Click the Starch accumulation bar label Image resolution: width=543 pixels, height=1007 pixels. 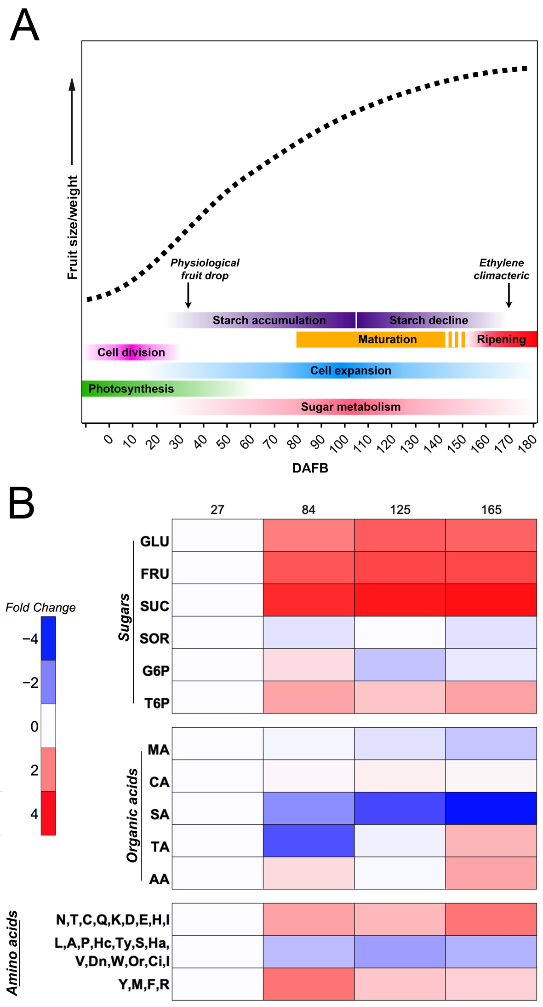point(269,320)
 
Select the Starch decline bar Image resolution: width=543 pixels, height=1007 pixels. point(429,320)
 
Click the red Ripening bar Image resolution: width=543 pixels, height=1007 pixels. point(501,340)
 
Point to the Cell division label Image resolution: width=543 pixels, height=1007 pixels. point(131,352)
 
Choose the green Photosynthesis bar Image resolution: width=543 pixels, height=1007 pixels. point(131,389)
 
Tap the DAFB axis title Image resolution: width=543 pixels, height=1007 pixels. point(310,468)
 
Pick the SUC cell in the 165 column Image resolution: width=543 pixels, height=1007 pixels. point(491,600)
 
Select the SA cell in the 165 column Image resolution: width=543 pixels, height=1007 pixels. point(491,808)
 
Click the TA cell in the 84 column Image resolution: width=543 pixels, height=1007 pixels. point(309,840)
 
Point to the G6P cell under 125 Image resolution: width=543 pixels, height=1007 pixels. point(400,665)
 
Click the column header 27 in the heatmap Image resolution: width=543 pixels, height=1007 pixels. point(217,510)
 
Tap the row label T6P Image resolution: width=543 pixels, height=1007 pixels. point(157,703)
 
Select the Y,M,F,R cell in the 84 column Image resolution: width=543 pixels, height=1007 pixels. point(309,984)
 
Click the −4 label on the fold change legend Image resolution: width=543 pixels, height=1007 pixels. point(30,639)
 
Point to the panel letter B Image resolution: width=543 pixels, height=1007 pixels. point(22,503)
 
